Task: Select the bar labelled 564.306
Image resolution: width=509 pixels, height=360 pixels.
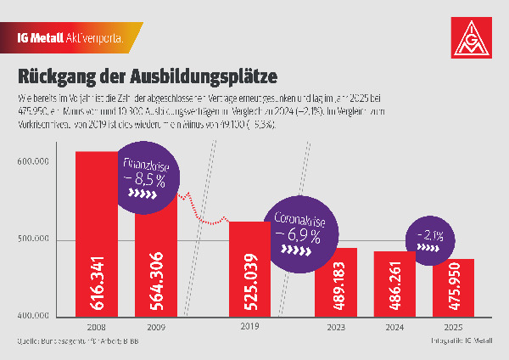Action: [157, 272]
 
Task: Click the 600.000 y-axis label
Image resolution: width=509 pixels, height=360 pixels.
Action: [35, 161]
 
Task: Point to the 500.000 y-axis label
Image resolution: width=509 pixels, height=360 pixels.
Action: [35, 239]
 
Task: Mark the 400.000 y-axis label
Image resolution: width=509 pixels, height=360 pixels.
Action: [35, 317]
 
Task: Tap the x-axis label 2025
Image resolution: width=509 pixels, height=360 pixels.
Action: [454, 325]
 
